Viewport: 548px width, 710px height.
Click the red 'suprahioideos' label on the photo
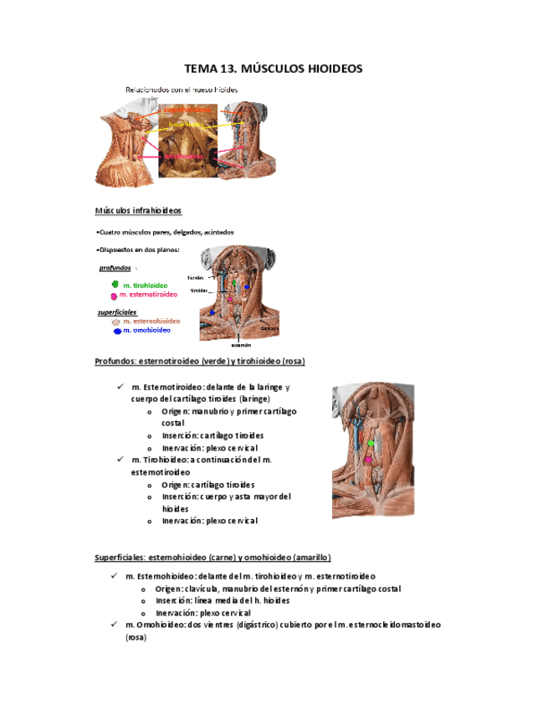[187, 109]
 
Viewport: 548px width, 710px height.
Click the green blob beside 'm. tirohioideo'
[115, 285]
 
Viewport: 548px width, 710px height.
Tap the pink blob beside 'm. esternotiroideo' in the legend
[113, 296]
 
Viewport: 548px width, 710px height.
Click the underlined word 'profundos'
[115, 268]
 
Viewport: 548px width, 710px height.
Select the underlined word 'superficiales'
[117, 311]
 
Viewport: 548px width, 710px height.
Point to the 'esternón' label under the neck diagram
[242, 344]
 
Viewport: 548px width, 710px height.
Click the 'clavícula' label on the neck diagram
[269, 328]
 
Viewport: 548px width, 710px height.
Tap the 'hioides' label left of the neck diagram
[196, 277]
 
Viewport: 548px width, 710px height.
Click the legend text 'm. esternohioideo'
[151, 321]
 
